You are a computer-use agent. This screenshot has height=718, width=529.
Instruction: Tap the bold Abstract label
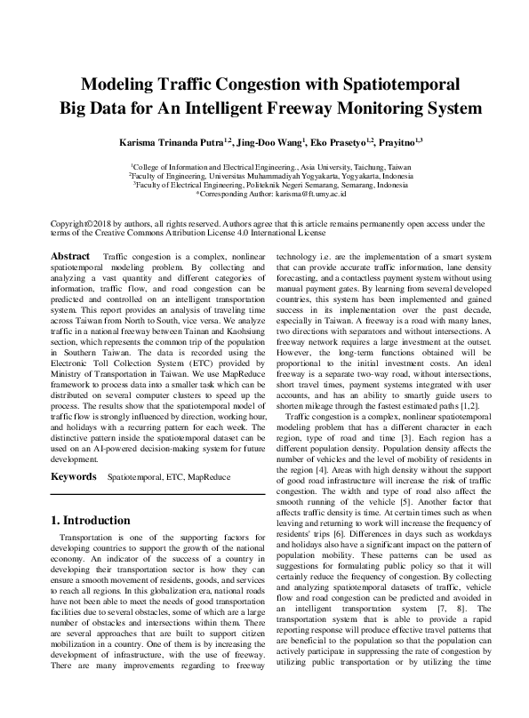pyautogui.click(x=70, y=256)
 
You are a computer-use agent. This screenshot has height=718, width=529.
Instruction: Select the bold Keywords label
pyautogui.click(x=73, y=476)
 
